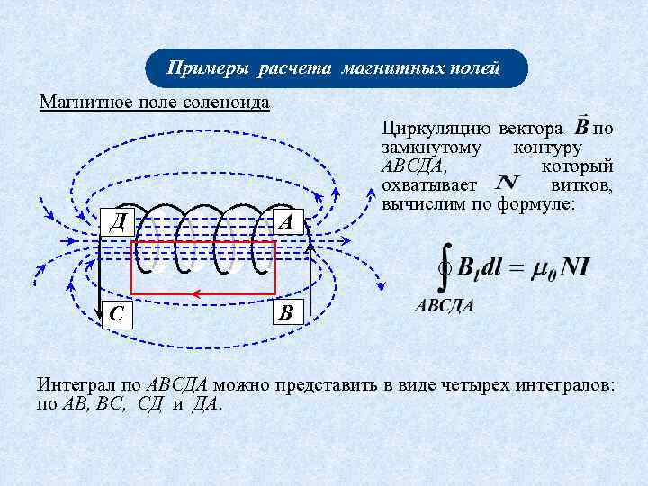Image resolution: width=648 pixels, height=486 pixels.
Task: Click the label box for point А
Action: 287,220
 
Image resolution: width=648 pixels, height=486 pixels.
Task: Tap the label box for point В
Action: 286,313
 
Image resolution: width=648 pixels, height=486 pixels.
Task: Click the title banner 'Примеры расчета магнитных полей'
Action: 335,68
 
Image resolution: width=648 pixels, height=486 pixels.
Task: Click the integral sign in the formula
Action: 443,267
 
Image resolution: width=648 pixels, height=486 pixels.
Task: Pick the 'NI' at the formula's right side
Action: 573,268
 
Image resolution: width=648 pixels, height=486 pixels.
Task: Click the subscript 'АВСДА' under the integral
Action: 444,305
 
